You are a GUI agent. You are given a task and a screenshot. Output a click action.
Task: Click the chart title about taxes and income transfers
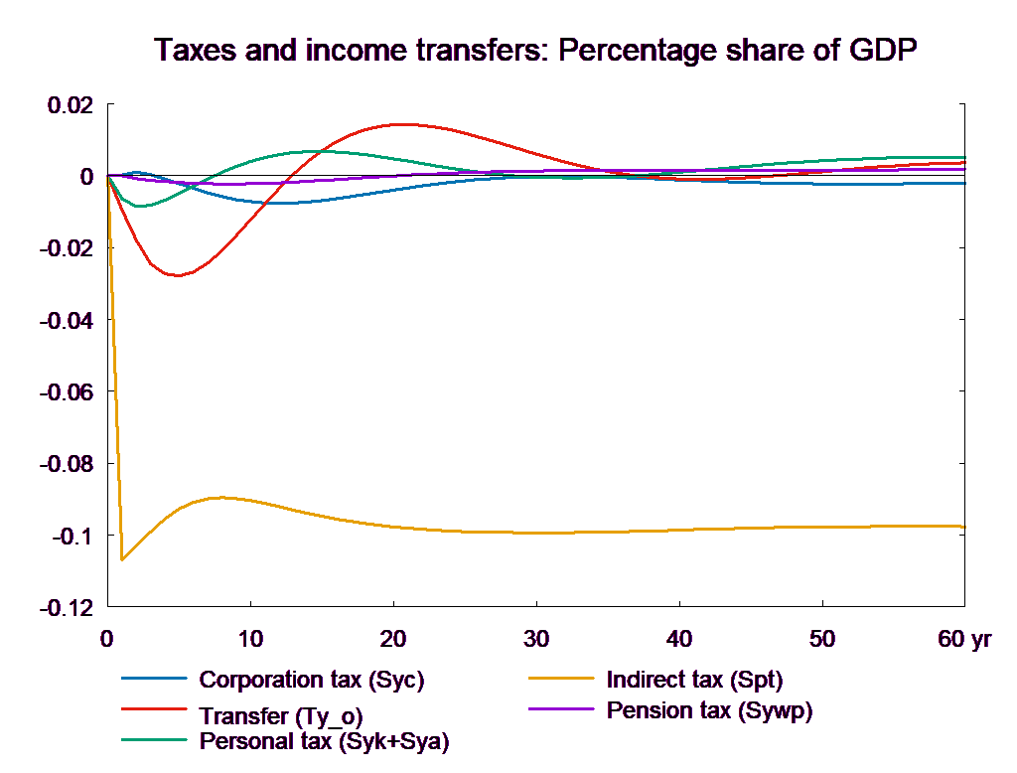[x=536, y=51]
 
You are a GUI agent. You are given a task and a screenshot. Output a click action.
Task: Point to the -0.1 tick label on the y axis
[x=70, y=538]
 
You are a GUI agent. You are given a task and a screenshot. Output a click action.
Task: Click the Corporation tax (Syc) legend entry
[x=312, y=681]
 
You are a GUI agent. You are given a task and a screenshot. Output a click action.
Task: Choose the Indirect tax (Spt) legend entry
[x=694, y=681]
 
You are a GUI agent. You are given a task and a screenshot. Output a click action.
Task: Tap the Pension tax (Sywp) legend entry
[x=709, y=710]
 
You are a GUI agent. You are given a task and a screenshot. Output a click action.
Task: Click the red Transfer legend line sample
[x=154, y=710]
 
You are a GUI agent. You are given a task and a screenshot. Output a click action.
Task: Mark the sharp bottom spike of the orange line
[x=122, y=560]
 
